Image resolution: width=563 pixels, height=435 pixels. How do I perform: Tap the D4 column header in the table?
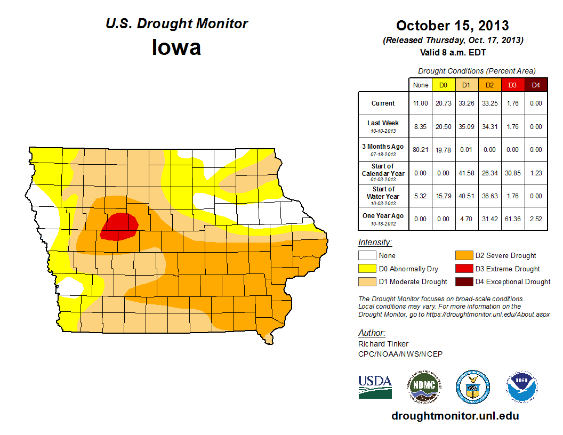tap(536, 85)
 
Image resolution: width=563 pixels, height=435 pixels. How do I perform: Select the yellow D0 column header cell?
tap(443, 85)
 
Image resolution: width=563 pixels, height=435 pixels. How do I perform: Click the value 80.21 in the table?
tap(421, 150)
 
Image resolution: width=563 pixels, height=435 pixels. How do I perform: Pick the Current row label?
tap(383, 103)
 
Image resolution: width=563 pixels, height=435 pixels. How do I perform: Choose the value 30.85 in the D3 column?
tap(513, 173)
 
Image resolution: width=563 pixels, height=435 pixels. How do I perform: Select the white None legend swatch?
tap(367, 256)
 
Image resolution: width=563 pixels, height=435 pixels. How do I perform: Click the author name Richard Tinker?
tap(383, 344)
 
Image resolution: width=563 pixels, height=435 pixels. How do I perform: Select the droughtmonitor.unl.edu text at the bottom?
tap(455, 416)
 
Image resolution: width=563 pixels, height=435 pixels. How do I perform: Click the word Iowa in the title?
tap(176, 47)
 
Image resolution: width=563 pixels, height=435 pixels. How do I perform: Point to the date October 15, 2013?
tap(452, 25)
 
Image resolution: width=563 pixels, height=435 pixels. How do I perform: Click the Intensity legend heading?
tap(375, 243)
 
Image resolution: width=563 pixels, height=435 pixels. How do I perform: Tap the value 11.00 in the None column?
tap(421, 103)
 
